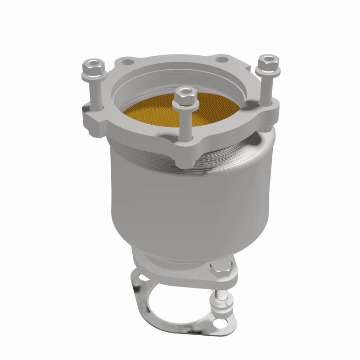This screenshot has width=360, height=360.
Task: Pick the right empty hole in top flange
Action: (220, 59)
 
